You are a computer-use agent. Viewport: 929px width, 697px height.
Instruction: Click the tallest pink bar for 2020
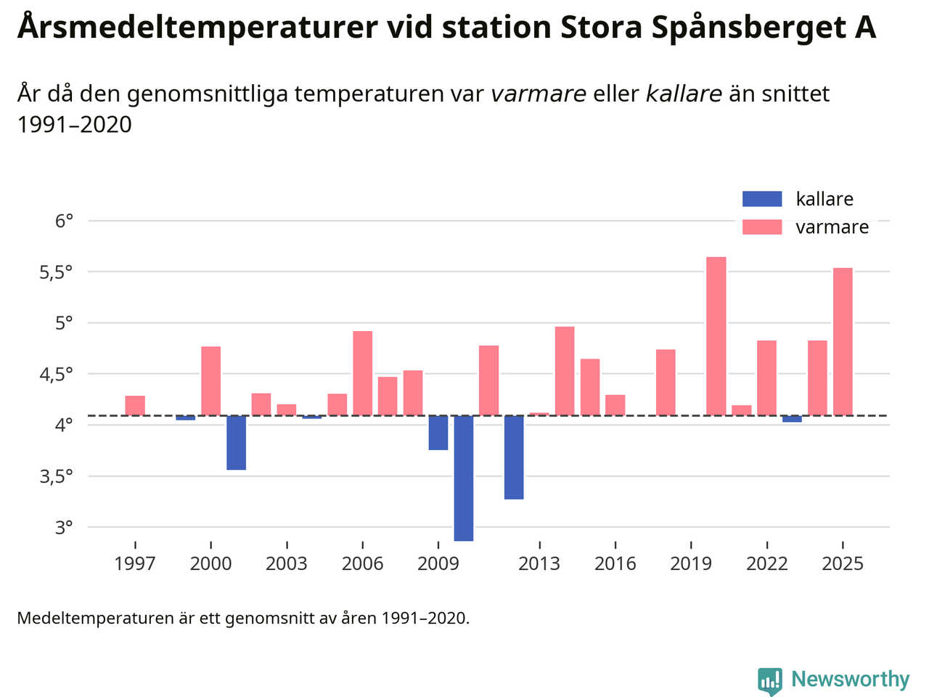(x=716, y=336)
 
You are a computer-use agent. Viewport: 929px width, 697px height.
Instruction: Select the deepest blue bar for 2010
(x=464, y=478)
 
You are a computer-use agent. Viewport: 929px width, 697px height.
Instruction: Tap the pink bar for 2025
(x=843, y=341)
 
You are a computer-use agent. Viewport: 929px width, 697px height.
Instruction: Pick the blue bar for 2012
(x=514, y=457)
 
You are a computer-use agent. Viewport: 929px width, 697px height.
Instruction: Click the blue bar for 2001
(x=236, y=443)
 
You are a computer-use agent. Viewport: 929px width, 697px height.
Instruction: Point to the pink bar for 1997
(x=135, y=406)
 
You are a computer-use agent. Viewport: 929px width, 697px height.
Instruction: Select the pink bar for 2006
(x=362, y=373)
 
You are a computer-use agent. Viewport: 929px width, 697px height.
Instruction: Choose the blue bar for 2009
(x=438, y=433)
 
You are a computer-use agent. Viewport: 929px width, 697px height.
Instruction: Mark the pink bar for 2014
(x=565, y=371)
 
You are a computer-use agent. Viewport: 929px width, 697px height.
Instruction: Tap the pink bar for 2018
(x=666, y=383)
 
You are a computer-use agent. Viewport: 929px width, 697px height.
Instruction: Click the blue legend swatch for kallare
(x=762, y=199)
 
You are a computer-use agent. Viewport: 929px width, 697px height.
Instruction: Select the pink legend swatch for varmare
(x=762, y=227)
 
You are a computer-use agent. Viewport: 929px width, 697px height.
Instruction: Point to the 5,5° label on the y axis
(x=56, y=272)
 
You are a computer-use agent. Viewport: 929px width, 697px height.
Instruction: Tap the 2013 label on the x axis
(x=539, y=564)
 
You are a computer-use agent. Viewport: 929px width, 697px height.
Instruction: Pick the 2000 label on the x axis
(x=210, y=564)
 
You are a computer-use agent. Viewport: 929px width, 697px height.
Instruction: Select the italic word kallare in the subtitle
(x=684, y=94)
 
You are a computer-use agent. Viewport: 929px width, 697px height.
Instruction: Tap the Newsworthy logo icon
(x=770, y=681)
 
